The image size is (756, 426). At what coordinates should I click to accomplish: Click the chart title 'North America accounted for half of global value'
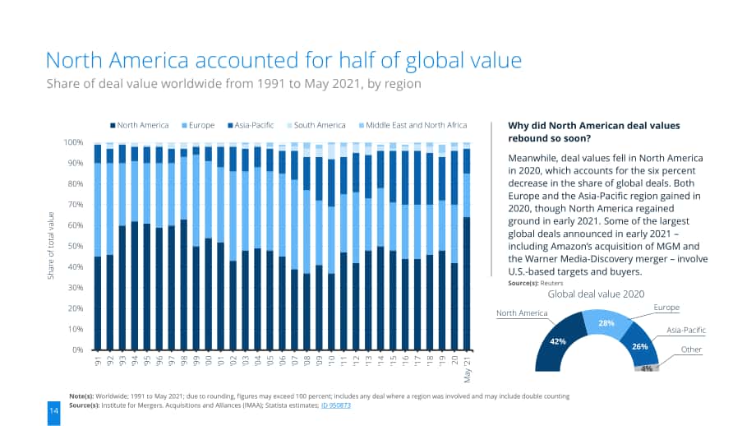[283, 61]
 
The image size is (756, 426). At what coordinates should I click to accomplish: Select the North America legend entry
[140, 126]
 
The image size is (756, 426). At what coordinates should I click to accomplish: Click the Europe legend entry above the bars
[198, 126]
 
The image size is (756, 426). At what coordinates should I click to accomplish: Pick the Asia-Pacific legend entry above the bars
[251, 126]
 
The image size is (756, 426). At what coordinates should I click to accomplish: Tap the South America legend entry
[316, 126]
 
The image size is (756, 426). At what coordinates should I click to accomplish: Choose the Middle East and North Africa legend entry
[413, 126]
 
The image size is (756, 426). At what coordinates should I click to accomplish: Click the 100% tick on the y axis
[73, 142]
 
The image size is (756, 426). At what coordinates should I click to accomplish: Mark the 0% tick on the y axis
[77, 350]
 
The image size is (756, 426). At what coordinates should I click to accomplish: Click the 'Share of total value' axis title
[51, 246]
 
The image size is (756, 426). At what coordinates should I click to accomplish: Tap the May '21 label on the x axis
[467, 369]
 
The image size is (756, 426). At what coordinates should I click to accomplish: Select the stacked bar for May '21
[467, 246]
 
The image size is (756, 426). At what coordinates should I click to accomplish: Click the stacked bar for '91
[98, 247]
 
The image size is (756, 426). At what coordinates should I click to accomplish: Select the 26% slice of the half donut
[640, 346]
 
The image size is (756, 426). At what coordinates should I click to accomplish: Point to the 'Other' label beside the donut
[691, 350]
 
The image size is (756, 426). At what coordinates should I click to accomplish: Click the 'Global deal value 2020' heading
[596, 294]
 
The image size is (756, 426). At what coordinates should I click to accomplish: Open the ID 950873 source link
[336, 405]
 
